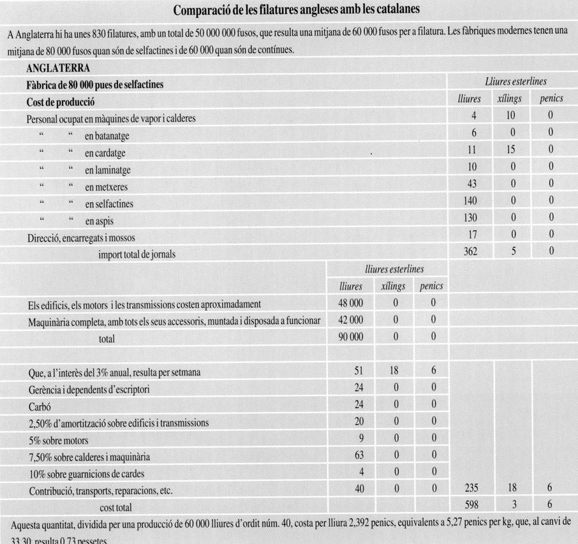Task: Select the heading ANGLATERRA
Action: (x=58, y=68)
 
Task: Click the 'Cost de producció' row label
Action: (x=61, y=101)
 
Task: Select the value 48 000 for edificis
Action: (x=351, y=304)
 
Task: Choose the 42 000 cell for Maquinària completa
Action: (x=351, y=321)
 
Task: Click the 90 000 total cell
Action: (x=351, y=338)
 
